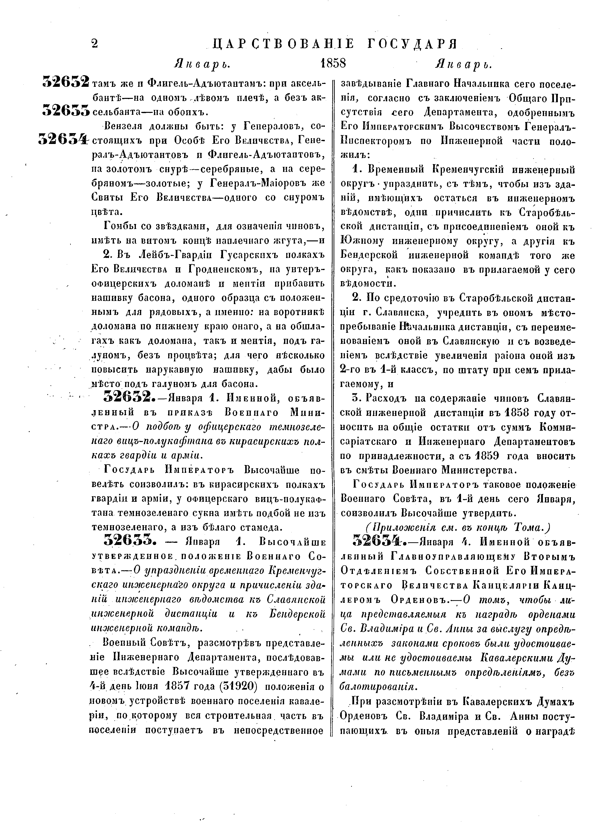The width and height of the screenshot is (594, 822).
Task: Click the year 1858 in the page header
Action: tap(333, 63)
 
